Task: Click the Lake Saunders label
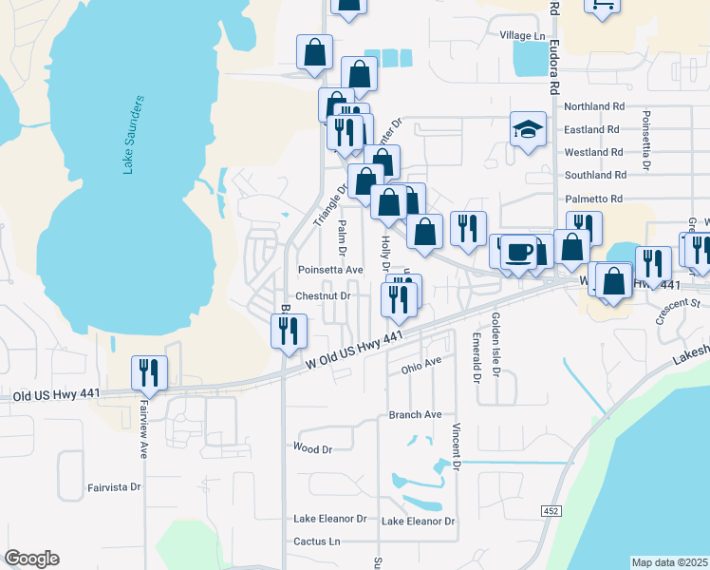133,134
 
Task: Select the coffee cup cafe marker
518,252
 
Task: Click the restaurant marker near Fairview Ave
148,371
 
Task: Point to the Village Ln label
524,35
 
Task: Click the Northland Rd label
593,107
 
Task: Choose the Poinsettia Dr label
646,141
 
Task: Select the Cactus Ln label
316,541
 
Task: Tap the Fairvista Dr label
114,487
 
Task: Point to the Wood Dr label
312,448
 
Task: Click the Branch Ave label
415,415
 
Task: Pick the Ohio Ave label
421,364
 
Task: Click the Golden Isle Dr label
495,345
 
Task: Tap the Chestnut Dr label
323,295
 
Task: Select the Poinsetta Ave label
330,270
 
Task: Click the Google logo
31,559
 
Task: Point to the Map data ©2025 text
669,562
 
